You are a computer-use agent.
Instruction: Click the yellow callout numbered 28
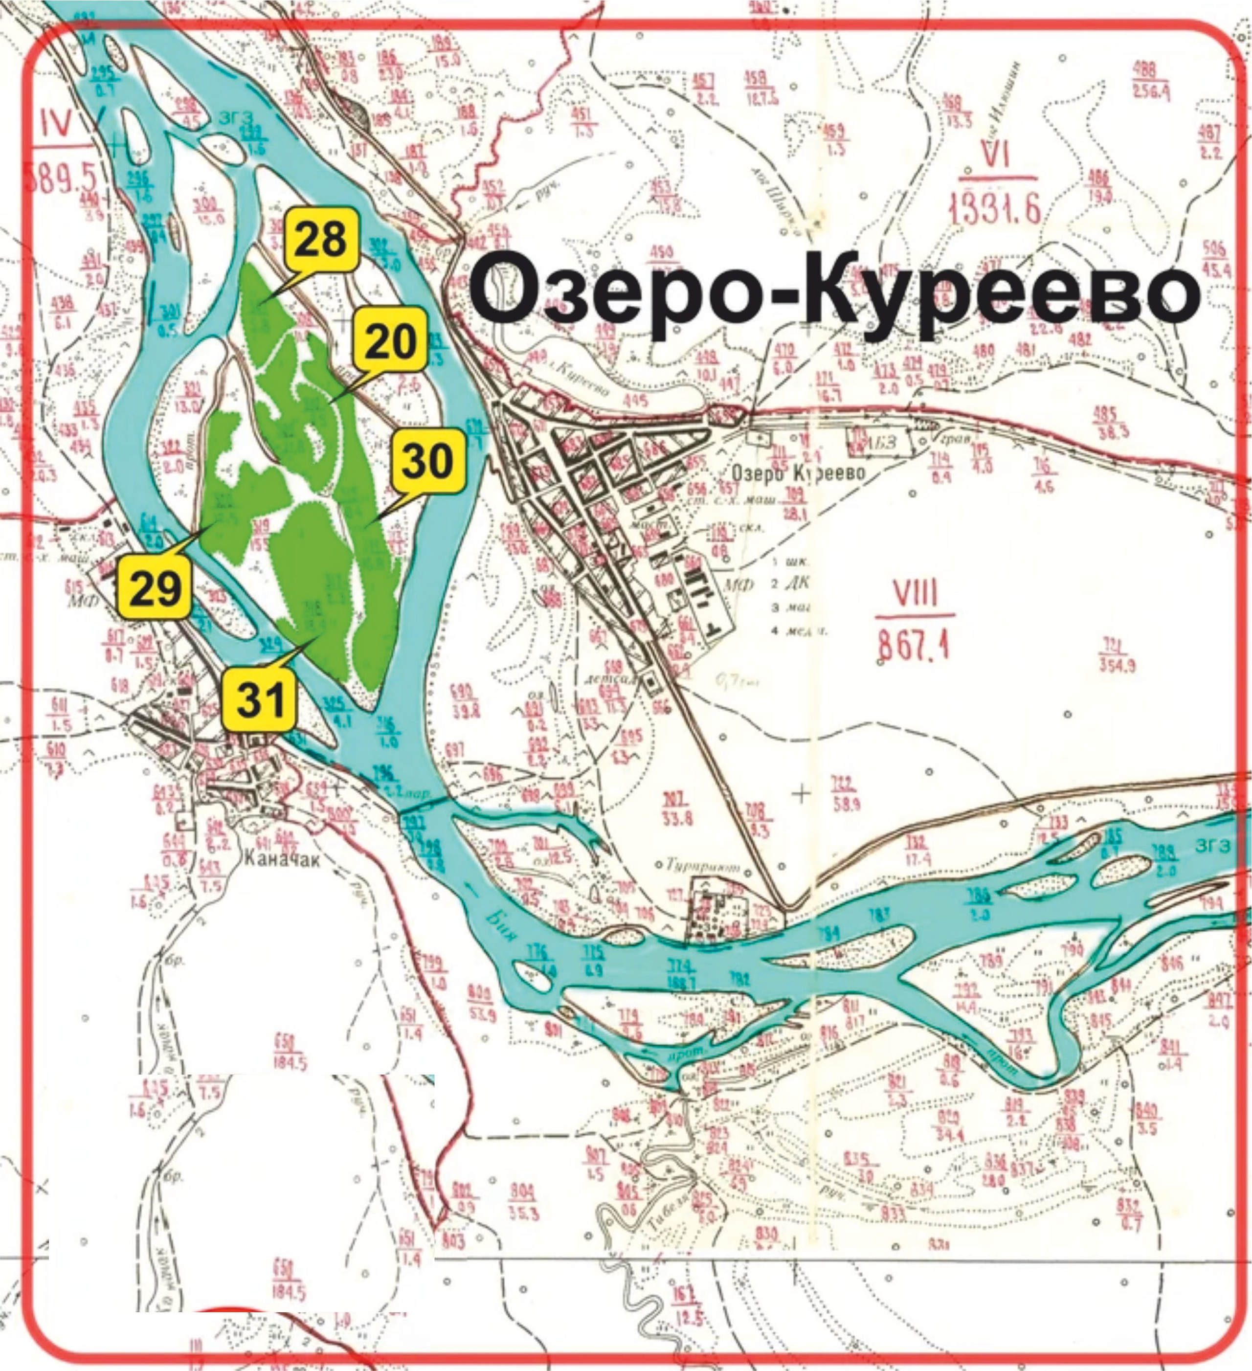pyautogui.click(x=322, y=240)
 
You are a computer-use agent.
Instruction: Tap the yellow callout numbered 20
pyautogui.click(x=390, y=340)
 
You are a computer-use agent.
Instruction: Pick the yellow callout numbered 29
pyautogui.click(x=155, y=587)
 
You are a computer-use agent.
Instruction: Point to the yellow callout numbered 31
pyautogui.click(x=261, y=700)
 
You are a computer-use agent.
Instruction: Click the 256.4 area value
pyautogui.click(x=1151, y=90)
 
